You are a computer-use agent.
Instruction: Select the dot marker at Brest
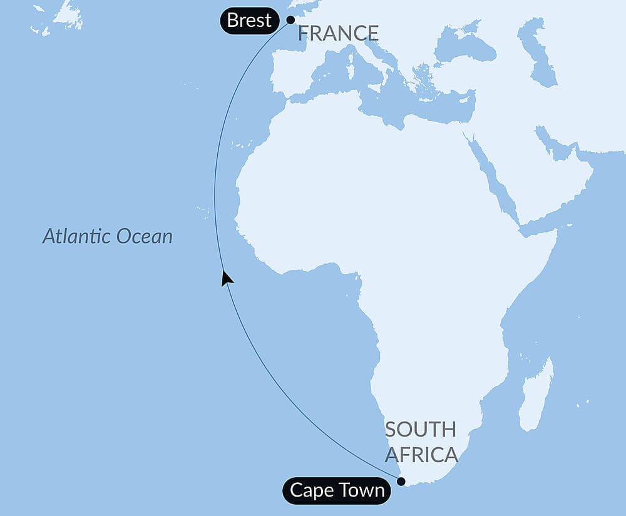point(290,19)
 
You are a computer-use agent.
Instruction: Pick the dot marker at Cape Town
point(401,481)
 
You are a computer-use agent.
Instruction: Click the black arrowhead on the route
point(227,278)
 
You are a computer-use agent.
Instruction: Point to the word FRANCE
point(338,33)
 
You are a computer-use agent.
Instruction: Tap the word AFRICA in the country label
point(421,455)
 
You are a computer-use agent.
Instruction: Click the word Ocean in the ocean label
point(144,236)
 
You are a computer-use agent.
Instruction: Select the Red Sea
point(492,172)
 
